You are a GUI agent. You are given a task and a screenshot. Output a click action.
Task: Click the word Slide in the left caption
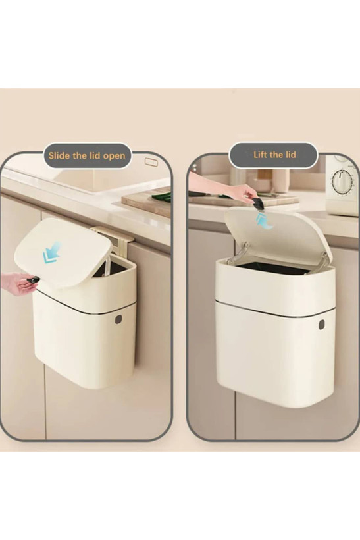click(58, 155)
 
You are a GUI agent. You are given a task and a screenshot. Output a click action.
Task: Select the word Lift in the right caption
click(261, 154)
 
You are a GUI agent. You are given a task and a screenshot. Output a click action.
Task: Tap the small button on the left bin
click(118, 319)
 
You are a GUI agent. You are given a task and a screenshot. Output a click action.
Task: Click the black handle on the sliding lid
click(33, 280)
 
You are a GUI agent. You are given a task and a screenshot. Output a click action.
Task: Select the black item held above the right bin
click(258, 204)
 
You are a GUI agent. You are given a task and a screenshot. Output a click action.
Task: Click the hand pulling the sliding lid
click(16, 283)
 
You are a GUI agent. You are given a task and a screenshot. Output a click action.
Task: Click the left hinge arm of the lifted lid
click(239, 253)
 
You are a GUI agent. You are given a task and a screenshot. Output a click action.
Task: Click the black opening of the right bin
click(272, 267)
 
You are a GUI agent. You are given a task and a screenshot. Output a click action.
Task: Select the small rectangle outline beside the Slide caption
click(151, 162)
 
